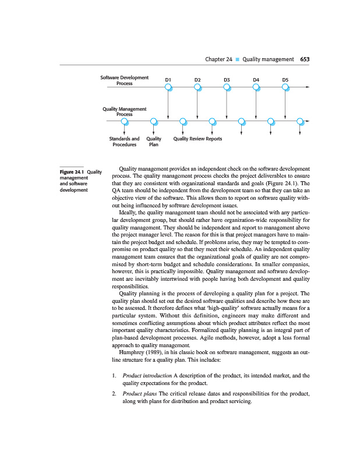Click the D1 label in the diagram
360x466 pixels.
(168, 79)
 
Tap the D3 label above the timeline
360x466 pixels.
(227, 79)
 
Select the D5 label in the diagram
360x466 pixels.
(285, 79)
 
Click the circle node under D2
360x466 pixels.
(197, 87)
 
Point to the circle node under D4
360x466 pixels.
(256, 87)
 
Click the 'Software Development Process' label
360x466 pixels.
(124, 80)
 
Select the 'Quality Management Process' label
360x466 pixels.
(124, 112)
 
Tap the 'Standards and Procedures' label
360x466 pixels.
(124, 142)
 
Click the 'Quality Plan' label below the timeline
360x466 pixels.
(154, 142)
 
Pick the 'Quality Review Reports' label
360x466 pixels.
(197, 139)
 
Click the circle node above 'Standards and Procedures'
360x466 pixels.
(124, 122)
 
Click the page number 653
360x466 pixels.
(305, 59)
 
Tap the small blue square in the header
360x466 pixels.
(237, 59)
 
